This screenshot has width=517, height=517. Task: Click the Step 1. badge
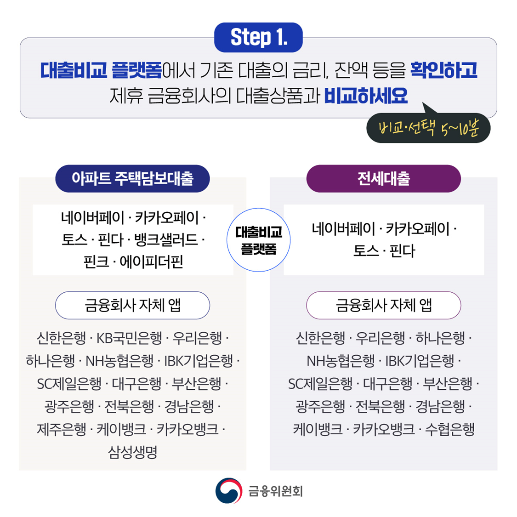point(258,37)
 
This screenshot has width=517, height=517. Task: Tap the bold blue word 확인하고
point(443,70)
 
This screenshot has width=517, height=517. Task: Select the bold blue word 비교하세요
point(366,96)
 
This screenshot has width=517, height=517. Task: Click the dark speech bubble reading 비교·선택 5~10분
point(428,128)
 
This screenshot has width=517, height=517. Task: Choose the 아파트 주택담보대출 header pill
point(132,178)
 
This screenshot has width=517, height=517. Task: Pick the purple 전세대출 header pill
point(383,178)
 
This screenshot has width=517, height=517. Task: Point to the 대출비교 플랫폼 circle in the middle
point(258,239)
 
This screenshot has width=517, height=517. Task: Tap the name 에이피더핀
point(151,262)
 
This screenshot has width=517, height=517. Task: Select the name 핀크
point(96,262)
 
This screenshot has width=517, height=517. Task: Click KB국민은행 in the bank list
point(129,338)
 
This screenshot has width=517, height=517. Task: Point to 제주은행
point(62,429)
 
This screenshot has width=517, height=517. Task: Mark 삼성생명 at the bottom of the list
point(132,452)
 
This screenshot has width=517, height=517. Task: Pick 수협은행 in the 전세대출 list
point(449,429)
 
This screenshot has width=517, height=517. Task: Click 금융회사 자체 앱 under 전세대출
point(383,305)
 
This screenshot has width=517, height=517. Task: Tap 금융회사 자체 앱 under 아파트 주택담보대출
point(132,305)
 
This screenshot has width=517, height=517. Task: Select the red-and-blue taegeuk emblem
point(228,491)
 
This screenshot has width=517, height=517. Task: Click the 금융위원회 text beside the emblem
point(275,491)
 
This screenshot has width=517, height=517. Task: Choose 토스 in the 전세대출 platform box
point(366,251)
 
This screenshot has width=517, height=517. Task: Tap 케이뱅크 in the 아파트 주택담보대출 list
point(121,429)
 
